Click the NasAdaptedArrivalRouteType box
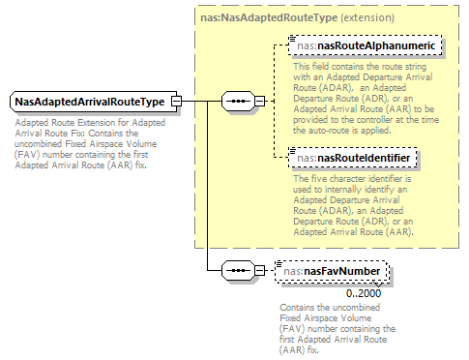point(89,102)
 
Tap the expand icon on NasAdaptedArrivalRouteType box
point(176,102)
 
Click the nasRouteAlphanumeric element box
point(367,45)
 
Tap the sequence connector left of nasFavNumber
point(238,272)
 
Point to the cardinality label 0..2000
point(366,292)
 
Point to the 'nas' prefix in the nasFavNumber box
point(290,272)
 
